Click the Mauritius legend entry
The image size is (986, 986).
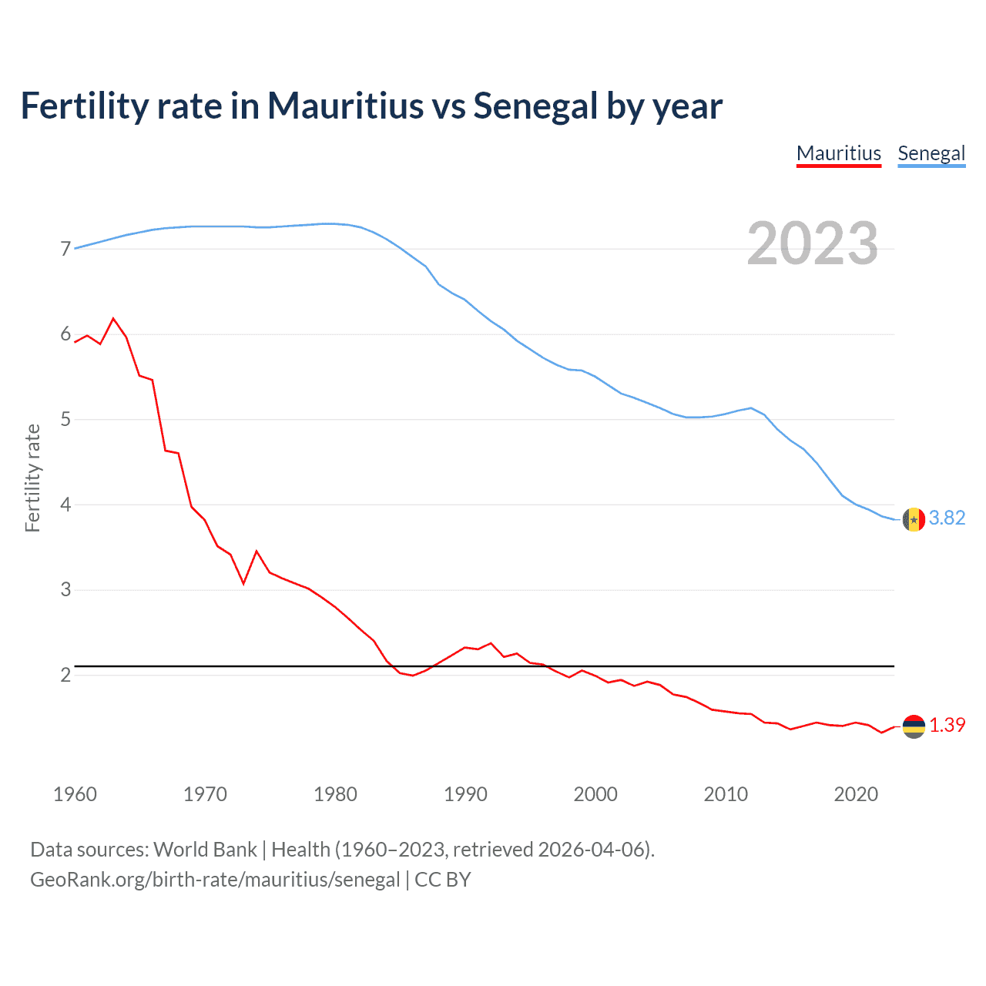coord(838,153)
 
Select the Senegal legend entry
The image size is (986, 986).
coord(931,153)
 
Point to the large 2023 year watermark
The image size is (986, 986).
coord(812,243)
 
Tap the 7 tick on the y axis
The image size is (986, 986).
coord(65,249)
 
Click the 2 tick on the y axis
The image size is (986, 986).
coord(65,675)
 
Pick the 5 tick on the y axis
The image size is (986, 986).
coord(65,420)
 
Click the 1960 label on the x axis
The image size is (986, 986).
coord(75,794)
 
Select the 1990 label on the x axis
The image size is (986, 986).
coord(465,794)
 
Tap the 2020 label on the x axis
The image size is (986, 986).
coord(856,794)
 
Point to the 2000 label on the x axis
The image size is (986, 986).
coord(595,794)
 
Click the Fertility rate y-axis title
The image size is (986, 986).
coord(32,478)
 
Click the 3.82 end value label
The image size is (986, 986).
coord(947,518)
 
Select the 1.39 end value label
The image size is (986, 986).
coord(947,726)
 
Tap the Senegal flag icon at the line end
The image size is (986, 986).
coord(914,520)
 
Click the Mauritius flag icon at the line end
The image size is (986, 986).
coord(914,726)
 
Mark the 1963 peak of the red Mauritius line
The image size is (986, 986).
coord(113,318)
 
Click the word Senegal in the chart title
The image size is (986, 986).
coord(535,106)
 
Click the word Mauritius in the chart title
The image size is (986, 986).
coord(345,106)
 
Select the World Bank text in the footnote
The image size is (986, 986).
coord(205,850)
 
